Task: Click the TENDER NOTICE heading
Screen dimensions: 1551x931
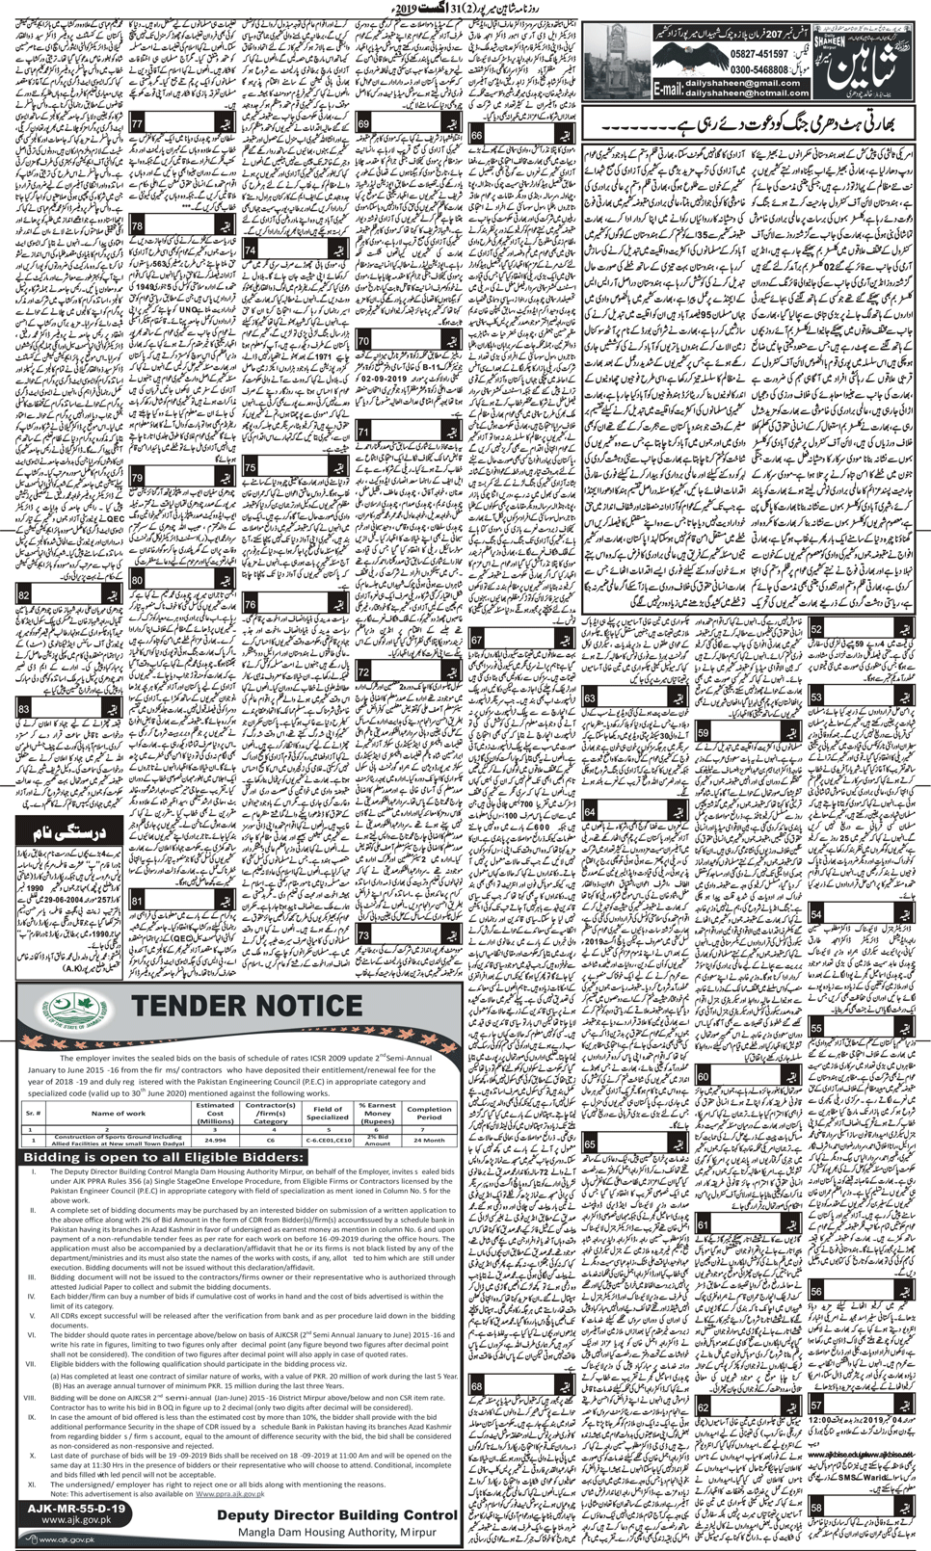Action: (x=245, y=1006)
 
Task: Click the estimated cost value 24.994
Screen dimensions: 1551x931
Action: (x=215, y=1139)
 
